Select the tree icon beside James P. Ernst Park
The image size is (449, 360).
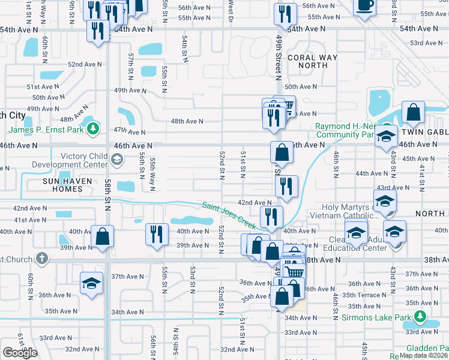[x=92, y=128]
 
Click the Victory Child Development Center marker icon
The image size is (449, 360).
[x=116, y=160]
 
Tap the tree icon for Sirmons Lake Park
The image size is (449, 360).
[x=422, y=316]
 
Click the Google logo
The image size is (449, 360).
[x=20, y=353]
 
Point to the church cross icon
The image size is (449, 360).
[x=41, y=258]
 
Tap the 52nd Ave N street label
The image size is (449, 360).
[x=83, y=64]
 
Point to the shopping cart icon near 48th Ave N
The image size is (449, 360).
[x=286, y=107]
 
